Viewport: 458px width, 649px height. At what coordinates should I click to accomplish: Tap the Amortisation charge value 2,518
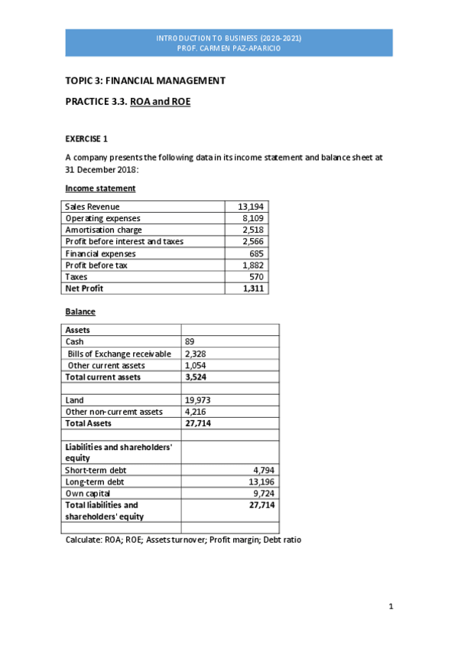point(252,230)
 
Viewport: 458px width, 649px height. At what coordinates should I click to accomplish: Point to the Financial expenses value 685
point(257,253)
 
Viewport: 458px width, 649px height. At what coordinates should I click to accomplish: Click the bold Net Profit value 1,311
point(252,289)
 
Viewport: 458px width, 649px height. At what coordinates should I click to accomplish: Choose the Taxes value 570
point(257,276)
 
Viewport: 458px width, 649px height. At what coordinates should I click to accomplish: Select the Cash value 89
point(190,342)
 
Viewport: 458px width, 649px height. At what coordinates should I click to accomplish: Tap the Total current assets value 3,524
point(197,377)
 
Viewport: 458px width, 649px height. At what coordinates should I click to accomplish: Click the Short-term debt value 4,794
point(262,470)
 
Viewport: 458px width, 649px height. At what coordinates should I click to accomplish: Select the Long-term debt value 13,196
point(260,481)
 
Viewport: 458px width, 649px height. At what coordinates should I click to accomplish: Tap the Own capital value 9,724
point(262,494)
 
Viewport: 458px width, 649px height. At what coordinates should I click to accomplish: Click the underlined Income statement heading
point(100,188)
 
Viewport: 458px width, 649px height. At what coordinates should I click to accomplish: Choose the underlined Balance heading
point(80,312)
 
